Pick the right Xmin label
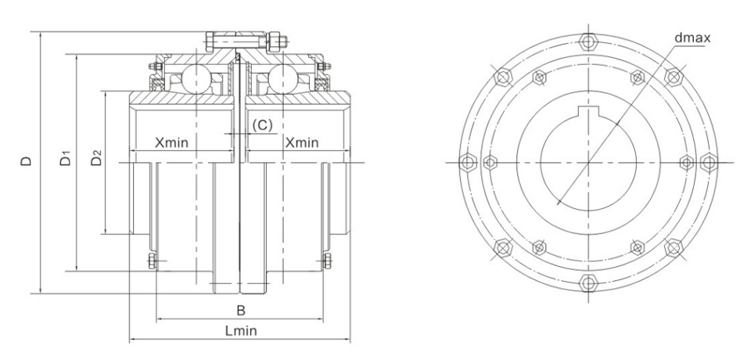coord(301,143)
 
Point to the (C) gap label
coord(261,125)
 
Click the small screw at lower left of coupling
coord(152,261)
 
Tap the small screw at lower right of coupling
coord(328,261)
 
